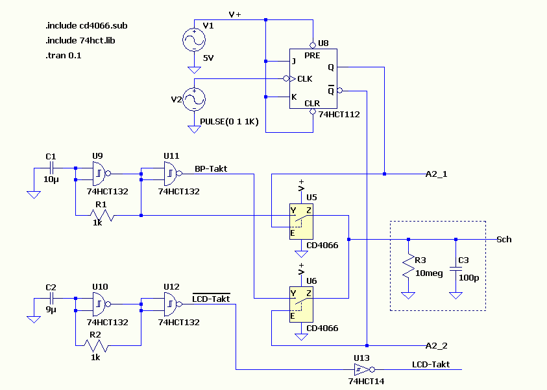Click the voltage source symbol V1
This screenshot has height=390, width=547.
(x=194, y=40)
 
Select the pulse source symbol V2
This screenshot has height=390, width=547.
(x=194, y=100)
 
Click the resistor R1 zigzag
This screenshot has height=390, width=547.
(x=102, y=216)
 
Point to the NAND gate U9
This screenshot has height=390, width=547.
(x=101, y=174)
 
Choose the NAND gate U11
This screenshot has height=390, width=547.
(x=173, y=174)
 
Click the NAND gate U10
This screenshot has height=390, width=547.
(x=101, y=304)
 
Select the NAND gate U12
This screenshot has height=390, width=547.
(x=173, y=304)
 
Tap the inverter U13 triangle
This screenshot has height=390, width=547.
(x=364, y=369)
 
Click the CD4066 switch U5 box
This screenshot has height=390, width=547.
(x=301, y=222)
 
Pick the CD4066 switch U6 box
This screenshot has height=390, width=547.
(x=301, y=304)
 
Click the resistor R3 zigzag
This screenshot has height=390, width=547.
(x=408, y=266)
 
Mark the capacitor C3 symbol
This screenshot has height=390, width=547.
(x=456, y=268)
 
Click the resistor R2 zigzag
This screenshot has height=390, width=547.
(x=96, y=346)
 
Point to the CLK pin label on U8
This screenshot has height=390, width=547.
(x=304, y=79)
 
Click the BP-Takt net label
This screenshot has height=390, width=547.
(x=211, y=169)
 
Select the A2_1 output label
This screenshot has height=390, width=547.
(x=437, y=174)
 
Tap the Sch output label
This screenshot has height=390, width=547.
(x=504, y=239)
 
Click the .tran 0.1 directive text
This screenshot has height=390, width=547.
(x=63, y=55)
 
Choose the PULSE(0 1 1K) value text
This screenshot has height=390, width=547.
(x=229, y=122)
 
